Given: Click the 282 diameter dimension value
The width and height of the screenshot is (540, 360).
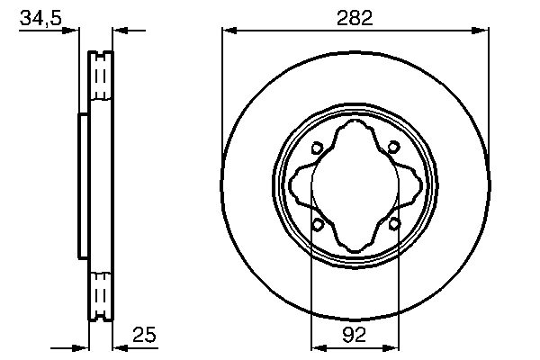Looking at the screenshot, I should tap(356, 15).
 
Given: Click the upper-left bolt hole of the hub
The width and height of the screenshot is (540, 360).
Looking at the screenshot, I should tap(317, 149).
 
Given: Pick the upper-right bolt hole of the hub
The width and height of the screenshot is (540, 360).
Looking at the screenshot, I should tap(394, 149).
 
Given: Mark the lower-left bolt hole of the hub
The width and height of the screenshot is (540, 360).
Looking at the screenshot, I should tap(317, 224).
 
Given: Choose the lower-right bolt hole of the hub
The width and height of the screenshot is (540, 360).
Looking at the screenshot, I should tap(394, 224).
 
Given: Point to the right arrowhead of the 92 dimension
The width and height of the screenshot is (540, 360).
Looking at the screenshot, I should tap(394, 346).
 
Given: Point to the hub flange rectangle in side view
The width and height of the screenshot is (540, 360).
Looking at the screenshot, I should tap(84, 186).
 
